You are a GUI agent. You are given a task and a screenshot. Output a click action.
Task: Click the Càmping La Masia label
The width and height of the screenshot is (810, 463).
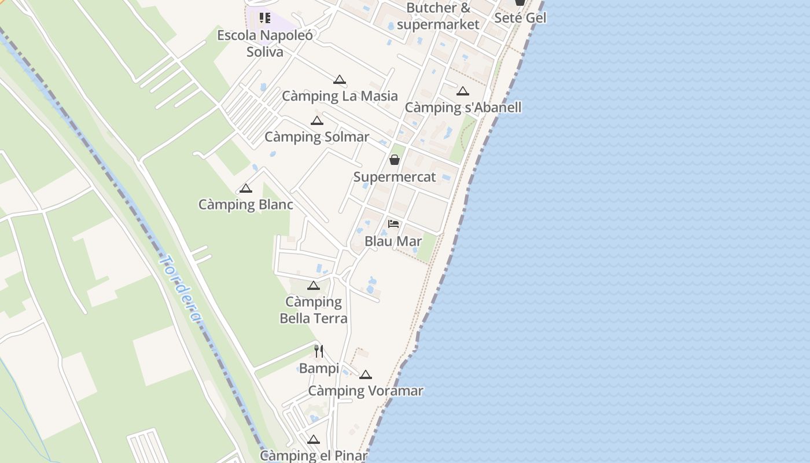coord(340,96)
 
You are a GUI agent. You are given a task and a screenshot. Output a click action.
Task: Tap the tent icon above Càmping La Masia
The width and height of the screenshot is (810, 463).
coord(340,80)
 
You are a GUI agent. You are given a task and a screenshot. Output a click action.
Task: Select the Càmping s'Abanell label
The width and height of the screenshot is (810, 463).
coord(463,108)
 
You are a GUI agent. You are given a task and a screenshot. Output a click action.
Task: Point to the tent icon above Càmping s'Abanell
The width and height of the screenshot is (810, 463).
coord(462,91)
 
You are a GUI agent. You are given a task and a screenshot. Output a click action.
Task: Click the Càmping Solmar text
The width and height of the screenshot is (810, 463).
coord(316,137)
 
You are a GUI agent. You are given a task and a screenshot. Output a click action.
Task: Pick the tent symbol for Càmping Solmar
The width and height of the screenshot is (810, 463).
coord(316,121)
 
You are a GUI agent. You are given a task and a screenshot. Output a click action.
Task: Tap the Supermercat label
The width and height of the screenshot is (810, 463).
coord(395,177)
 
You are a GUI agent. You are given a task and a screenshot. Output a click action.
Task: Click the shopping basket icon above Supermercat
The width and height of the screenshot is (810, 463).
coord(395,160)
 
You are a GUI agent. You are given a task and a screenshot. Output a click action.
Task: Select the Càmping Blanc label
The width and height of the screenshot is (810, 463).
coord(246,205)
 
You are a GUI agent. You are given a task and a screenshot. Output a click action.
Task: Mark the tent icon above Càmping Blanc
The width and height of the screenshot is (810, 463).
coord(246,189)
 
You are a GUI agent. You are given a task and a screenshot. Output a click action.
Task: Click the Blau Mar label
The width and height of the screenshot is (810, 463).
coord(393,241)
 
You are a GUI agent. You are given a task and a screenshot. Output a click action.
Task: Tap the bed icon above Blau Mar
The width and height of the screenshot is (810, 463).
coord(393,224)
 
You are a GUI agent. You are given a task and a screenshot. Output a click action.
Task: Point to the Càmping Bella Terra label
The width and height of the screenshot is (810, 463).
coord(314,310)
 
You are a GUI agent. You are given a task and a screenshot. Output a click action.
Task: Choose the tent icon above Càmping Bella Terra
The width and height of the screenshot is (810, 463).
coord(314,285)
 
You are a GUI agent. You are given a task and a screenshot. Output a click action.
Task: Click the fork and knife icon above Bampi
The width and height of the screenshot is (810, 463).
coord(319,351)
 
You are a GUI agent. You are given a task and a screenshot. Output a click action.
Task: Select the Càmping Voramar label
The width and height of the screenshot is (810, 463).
coord(366,391)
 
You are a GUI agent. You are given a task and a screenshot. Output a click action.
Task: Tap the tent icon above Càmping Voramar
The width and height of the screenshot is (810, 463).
coord(365,375)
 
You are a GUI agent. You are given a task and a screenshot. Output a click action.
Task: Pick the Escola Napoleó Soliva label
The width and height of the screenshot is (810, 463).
coord(265,43)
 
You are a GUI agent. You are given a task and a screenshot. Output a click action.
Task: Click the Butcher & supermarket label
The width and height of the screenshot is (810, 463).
coord(439,16)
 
